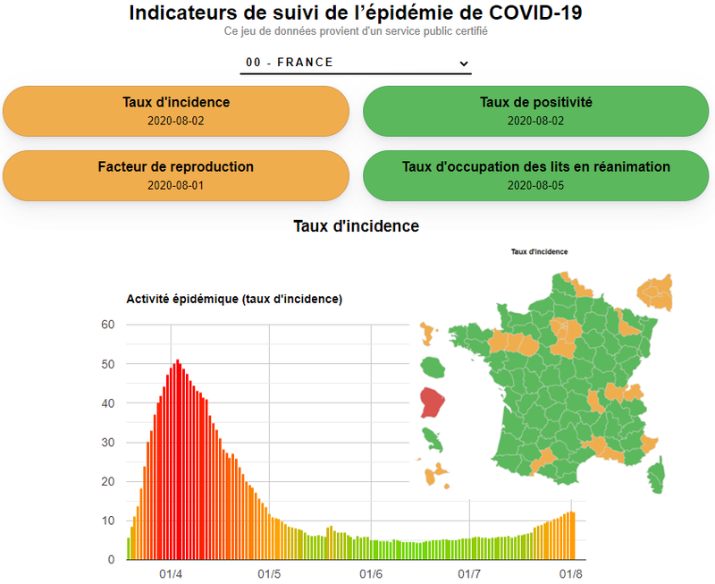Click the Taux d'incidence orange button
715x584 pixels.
(x=176, y=111)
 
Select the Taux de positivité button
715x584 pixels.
(x=535, y=111)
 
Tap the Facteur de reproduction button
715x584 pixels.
(x=176, y=175)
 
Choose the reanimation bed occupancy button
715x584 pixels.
(x=535, y=175)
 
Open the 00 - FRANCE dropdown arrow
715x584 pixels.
(x=463, y=63)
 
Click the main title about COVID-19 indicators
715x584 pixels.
(x=356, y=13)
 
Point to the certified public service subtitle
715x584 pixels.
(x=356, y=31)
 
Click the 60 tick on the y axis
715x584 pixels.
(x=107, y=325)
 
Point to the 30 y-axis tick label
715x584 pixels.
(x=107, y=443)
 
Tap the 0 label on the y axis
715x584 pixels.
(x=112, y=560)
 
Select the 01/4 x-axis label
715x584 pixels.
(x=171, y=574)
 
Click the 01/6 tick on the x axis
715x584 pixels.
(x=371, y=574)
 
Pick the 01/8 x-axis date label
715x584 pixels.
(x=571, y=574)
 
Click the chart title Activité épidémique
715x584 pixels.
(x=234, y=300)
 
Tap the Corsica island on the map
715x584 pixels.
(x=658, y=475)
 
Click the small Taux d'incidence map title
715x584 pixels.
(x=539, y=252)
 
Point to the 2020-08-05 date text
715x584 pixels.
(x=535, y=186)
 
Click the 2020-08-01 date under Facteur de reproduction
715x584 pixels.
(x=176, y=186)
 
